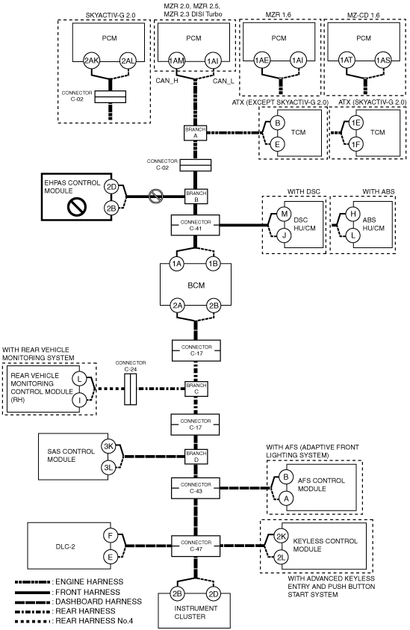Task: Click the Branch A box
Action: click(x=196, y=133)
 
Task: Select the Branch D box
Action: click(x=196, y=457)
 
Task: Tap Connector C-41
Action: click(x=196, y=225)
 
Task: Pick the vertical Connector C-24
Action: click(x=131, y=389)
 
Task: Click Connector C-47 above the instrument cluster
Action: click(x=196, y=546)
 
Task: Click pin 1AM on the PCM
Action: click(x=176, y=61)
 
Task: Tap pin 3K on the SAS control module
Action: click(x=108, y=446)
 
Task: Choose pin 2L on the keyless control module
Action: click(x=281, y=558)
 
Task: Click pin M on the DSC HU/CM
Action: click(x=285, y=214)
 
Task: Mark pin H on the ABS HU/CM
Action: click(x=353, y=214)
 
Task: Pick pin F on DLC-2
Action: click(x=111, y=536)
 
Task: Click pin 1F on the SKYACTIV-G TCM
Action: click(x=355, y=143)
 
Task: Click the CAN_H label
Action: click(x=167, y=81)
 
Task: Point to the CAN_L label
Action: click(x=223, y=81)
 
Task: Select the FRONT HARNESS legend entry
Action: click(x=67, y=592)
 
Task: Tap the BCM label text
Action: click(x=196, y=285)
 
